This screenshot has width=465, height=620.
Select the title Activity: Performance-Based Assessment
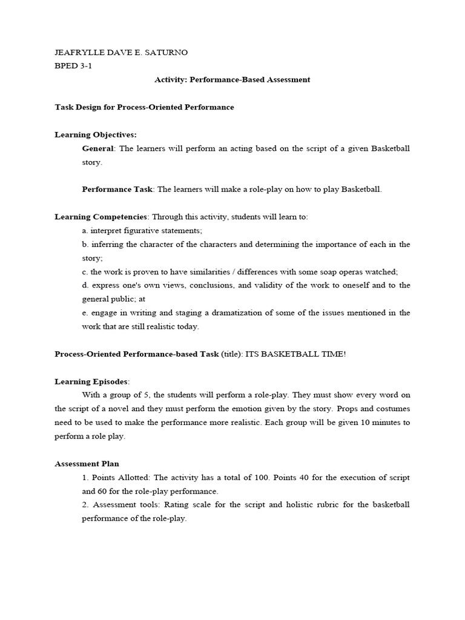pos(232,79)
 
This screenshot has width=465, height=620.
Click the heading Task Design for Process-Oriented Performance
pos(144,107)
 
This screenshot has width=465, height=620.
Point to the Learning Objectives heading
pos(96,134)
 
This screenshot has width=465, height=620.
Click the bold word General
pos(97,148)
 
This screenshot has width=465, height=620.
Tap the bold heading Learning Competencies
pos(101,217)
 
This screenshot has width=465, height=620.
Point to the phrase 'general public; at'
pos(114,299)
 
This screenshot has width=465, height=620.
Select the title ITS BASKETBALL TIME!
pos(295,354)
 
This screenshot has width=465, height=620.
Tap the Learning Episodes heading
pos(91,381)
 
